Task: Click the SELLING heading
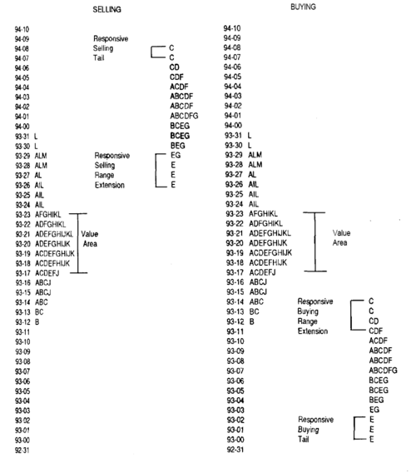coord(106,10)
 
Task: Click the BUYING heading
coord(303,7)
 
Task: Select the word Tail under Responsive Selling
coord(98,57)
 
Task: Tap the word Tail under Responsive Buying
coord(304,439)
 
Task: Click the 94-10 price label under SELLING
coord(22,29)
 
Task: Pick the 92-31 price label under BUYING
coord(235,450)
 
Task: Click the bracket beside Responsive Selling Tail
coord(151,52)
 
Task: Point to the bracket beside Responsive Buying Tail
coord(354,428)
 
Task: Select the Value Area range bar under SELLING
coord(78,243)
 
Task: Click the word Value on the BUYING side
coord(341,233)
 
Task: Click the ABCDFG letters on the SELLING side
coord(184,116)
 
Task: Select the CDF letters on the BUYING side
coord(375,331)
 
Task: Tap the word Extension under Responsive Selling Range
coord(110,185)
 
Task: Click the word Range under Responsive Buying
coord(307,321)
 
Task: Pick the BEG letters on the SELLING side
coord(177,146)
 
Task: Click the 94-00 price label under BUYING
coord(233,125)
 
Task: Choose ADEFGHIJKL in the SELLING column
coord(54,234)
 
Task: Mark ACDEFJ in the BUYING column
coord(262,272)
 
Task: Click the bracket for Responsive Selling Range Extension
coord(156,171)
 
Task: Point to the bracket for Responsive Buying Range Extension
coord(351,316)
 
